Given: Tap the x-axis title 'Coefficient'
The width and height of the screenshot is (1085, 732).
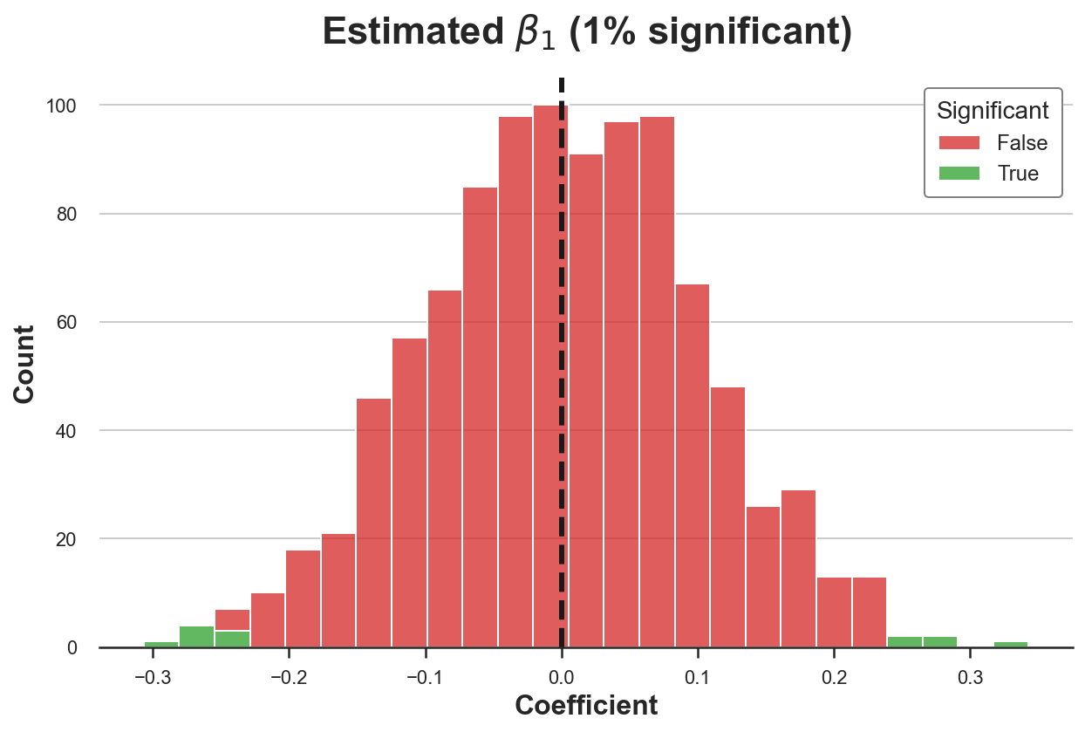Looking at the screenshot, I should (586, 705).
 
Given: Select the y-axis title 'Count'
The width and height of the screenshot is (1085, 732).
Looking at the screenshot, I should (24, 364).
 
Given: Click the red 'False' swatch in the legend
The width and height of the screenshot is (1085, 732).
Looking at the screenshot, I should (959, 142).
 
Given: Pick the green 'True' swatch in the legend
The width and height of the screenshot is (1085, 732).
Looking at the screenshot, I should (959, 173).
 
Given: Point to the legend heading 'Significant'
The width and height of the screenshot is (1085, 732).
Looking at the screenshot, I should (993, 111).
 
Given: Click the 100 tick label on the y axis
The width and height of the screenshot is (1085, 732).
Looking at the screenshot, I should (62, 106).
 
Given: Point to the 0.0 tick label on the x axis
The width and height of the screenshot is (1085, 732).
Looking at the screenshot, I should (561, 676).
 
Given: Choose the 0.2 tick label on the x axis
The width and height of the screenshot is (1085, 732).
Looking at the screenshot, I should (834, 676).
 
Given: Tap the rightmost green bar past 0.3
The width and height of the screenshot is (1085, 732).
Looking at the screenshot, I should (1010, 645).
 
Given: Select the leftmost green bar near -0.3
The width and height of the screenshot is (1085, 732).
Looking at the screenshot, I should (161, 645).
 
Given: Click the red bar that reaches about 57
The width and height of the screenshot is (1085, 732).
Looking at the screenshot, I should (409, 493).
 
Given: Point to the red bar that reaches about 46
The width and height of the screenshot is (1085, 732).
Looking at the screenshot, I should (373, 523).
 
